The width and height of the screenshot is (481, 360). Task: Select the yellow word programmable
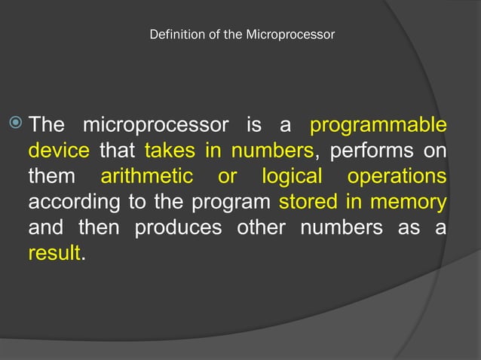(378, 124)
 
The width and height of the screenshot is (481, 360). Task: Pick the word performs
(369, 151)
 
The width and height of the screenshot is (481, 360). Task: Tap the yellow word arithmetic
(147, 177)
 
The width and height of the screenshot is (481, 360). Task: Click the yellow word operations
(397, 177)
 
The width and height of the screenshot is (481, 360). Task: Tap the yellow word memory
(406, 203)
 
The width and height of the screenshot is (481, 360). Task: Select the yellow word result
(54, 254)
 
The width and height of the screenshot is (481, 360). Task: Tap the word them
(52, 177)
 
